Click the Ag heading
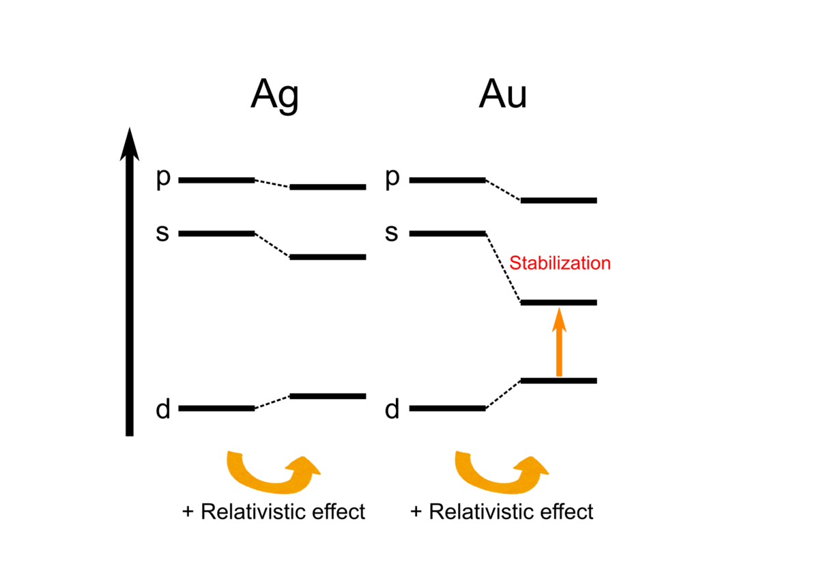click(275, 95)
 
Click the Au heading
click(503, 94)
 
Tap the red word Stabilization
click(560, 263)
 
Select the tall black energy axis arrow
click(130, 282)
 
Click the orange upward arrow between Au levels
click(559, 342)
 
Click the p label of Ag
click(163, 179)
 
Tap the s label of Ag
click(162, 233)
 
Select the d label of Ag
click(163, 409)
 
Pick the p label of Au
click(392, 179)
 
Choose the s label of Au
click(392, 233)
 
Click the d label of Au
click(392, 409)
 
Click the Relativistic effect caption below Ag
click(274, 511)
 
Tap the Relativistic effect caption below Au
click(502, 511)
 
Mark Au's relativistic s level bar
click(559, 303)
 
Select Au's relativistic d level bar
click(559, 381)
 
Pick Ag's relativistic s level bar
click(328, 257)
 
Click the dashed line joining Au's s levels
click(503, 268)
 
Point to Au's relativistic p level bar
click(559, 201)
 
